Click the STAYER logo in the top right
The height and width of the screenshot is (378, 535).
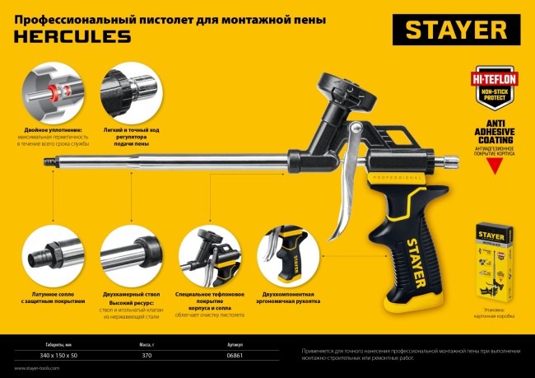pyautogui.click(x=455, y=30)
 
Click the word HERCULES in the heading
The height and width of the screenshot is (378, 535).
pyautogui.click(x=72, y=35)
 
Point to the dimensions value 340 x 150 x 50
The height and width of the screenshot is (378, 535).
pyautogui.click(x=52, y=355)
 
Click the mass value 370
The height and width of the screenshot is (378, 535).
pyautogui.click(x=147, y=355)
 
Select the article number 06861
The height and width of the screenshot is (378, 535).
pyautogui.click(x=234, y=355)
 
